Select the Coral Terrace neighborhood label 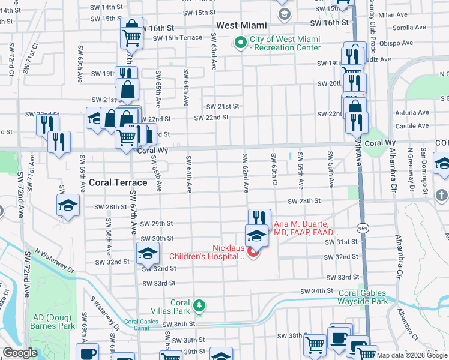click(118, 182)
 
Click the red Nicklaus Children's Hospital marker click(253, 253)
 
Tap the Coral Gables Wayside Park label click(363, 297)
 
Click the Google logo click(20, 353)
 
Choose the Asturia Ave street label click(412, 112)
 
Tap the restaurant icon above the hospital click(259, 218)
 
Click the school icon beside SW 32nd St click(148, 253)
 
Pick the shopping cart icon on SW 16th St click(131, 37)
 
